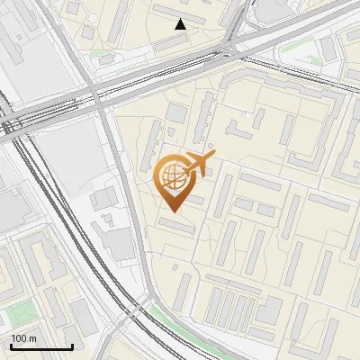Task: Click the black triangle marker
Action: [x=181, y=24]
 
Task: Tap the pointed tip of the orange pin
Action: [x=172, y=211]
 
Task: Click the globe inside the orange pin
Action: [x=172, y=175]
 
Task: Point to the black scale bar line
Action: [x=41, y=346]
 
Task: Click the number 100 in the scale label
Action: [x=19, y=338]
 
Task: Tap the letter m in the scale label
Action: [x=32, y=338]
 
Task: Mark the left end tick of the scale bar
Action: [x=12, y=345]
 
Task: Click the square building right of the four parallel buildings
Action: [x=268, y=310]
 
